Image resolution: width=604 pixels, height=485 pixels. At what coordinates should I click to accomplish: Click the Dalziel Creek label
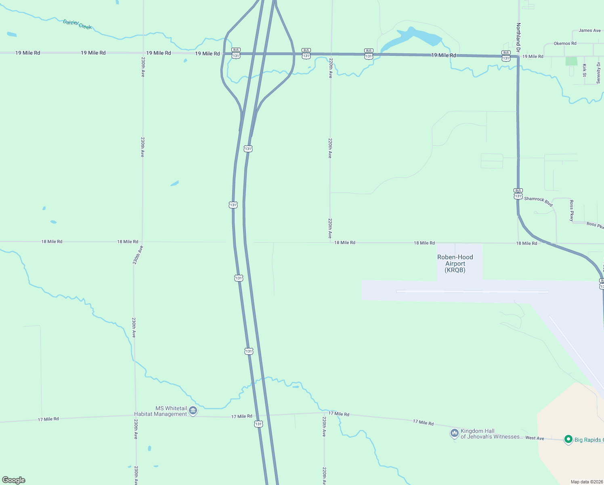click(x=77, y=24)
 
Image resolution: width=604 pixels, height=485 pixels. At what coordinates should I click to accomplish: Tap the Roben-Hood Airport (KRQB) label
click(x=455, y=264)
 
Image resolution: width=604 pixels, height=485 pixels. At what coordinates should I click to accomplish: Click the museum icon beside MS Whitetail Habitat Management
click(x=193, y=411)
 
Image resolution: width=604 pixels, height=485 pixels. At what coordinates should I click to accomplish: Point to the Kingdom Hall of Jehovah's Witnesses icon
click(x=455, y=433)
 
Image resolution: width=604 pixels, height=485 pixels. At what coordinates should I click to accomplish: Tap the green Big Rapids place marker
click(x=568, y=439)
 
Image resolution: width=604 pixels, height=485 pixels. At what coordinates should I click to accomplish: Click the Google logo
click(x=14, y=480)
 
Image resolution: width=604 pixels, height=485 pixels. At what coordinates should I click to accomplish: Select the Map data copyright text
click(x=587, y=482)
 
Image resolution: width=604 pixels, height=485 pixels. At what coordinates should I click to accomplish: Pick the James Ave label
click(x=589, y=30)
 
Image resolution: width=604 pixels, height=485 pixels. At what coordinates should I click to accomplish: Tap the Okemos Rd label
click(x=565, y=43)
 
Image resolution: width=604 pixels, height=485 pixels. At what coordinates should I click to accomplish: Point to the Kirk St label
click(x=584, y=70)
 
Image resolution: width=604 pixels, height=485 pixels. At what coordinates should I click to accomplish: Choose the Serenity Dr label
click(x=598, y=73)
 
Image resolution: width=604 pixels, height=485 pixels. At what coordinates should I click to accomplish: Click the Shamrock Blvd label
click(x=538, y=201)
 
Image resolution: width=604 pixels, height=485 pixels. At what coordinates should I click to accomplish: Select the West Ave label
click(x=535, y=438)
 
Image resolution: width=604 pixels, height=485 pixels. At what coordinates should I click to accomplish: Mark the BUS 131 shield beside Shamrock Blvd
click(x=518, y=194)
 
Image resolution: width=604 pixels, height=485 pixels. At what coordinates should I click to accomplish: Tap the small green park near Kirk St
click(x=571, y=61)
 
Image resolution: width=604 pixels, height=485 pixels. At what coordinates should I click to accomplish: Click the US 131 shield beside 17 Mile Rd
click(x=258, y=424)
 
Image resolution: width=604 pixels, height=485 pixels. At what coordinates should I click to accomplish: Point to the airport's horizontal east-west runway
click(x=472, y=291)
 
